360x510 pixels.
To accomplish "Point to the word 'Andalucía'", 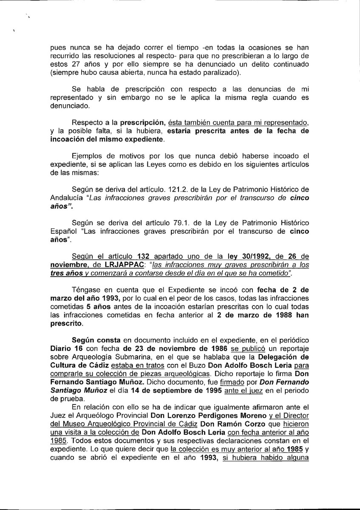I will (x=62, y=198).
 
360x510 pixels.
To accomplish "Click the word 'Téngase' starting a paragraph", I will (x=86, y=290).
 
